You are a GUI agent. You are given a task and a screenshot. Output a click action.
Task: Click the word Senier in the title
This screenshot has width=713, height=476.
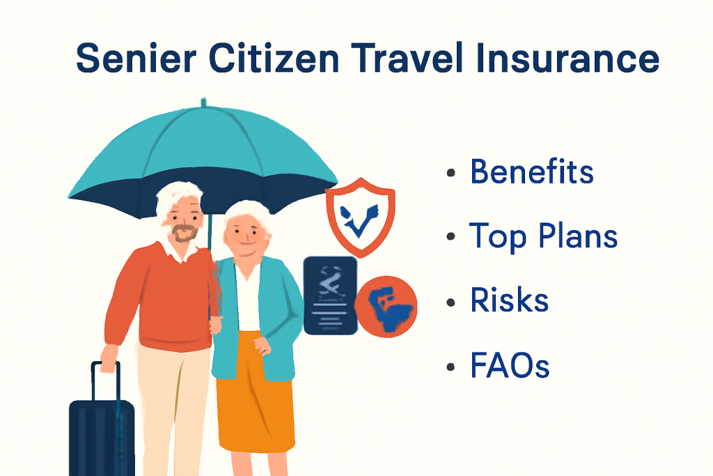(136, 59)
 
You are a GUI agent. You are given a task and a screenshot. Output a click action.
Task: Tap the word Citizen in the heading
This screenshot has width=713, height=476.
(274, 58)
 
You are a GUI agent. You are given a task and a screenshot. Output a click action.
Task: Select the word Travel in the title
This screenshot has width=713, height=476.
(407, 58)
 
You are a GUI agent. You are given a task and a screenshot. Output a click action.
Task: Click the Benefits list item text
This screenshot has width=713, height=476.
(531, 171)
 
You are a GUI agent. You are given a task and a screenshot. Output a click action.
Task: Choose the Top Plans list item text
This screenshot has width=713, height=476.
(543, 236)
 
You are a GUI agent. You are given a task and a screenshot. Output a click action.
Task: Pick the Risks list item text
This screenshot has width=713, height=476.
(509, 300)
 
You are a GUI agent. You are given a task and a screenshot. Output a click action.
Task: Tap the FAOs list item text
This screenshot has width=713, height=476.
(510, 365)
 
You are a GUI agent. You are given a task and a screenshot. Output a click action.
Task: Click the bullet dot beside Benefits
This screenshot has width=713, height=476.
(450, 172)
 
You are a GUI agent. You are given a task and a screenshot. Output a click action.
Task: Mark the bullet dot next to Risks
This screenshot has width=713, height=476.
(450, 302)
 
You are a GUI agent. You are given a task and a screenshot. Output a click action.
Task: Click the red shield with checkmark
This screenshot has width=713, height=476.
(360, 217)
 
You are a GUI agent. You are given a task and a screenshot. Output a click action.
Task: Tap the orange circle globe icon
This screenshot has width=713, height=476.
(386, 306)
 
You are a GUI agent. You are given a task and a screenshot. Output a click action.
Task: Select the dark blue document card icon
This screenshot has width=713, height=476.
(330, 295)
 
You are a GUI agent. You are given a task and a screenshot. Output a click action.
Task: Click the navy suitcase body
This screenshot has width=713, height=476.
(102, 438)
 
